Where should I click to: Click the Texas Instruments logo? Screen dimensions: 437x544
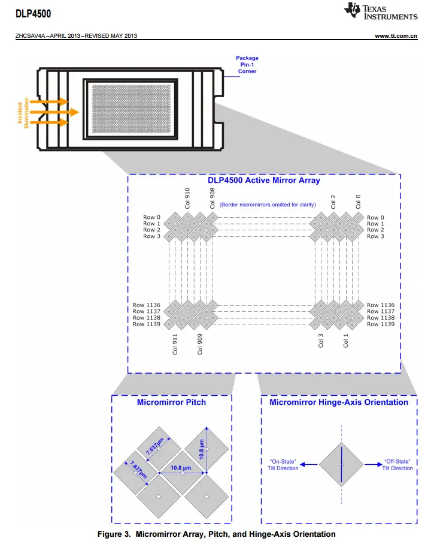coord(381,11)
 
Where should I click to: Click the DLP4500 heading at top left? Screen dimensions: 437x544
coord(34,14)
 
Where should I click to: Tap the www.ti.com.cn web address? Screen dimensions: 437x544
coord(396,36)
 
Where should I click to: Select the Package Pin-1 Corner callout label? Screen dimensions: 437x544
coord(247,65)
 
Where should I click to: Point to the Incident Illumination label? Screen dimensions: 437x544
coord(23,112)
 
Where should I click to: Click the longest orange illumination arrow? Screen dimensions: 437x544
coord(54,112)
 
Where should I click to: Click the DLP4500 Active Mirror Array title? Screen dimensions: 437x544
coord(264,180)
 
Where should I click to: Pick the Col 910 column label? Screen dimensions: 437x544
coord(187,198)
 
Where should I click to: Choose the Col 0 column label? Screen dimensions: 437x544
coord(358,202)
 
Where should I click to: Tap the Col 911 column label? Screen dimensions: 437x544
coord(175,344)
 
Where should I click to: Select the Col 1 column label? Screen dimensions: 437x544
coord(345,341)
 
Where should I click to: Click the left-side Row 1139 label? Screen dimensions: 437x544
coord(147,324)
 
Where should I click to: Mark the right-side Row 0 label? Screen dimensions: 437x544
coord(375,218)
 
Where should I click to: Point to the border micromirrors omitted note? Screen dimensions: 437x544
coord(268,205)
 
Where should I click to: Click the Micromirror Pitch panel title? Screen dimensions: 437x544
coord(171,402)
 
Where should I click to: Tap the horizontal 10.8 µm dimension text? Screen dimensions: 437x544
coord(181,468)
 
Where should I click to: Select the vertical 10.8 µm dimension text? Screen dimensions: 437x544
coord(201,449)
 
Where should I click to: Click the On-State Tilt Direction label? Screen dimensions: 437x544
coord(283,465)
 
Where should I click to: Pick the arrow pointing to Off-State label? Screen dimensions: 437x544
coord(374,465)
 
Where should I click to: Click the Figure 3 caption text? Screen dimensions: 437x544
coord(217,534)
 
